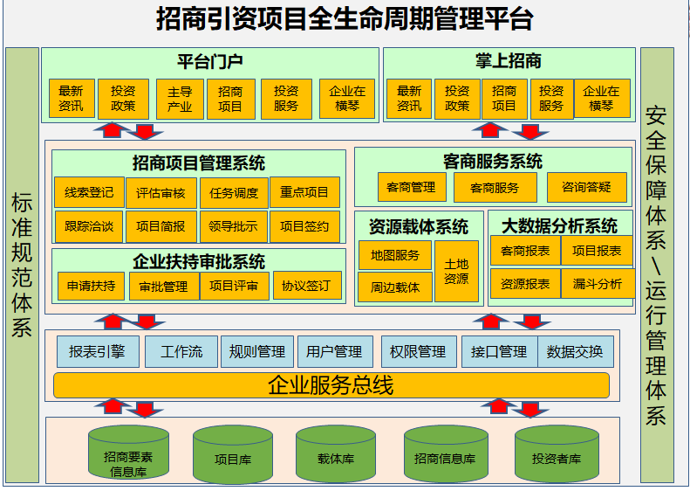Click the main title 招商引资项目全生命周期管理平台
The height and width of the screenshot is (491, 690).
pyautogui.click(x=345, y=18)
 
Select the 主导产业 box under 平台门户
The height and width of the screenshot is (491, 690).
pyautogui.click(x=180, y=99)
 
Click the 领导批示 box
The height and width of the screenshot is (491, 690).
pyautogui.click(x=233, y=226)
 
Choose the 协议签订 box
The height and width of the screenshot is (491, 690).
pyautogui.click(x=306, y=286)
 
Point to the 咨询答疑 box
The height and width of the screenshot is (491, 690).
pyautogui.click(x=587, y=187)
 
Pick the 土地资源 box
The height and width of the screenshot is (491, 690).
pyautogui.click(x=456, y=272)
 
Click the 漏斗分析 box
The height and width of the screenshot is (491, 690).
pyautogui.click(x=598, y=283)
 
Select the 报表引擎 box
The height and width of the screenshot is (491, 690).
pyautogui.click(x=97, y=351)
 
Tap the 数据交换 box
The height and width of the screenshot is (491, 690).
pyautogui.click(x=576, y=351)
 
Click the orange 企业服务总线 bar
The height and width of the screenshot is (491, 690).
pyautogui.click(x=331, y=384)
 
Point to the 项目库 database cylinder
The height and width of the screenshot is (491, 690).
pyautogui.click(x=233, y=456)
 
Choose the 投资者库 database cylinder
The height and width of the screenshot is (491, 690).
pyautogui.click(x=557, y=456)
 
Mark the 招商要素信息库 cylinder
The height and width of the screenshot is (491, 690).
pyautogui.click(x=128, y=456)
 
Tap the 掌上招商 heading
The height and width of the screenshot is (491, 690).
pyautogui.click(x=509, y=61)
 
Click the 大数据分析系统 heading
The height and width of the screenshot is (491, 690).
pyautogui.click(x=559, y=225)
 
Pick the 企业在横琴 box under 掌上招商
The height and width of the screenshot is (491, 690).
pyautogui.click(x=601, y=99)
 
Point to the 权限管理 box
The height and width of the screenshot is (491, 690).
pyautogui.click(x=418, y=351)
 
